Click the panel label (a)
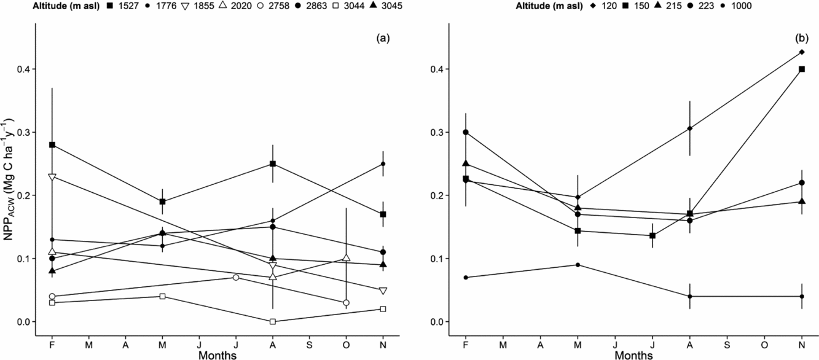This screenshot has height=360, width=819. pyautogui.click(x=383, y=38)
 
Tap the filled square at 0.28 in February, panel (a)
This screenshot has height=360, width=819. pyautogui.click(x=52, y=145)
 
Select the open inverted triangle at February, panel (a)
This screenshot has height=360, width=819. pyautogui.click(x=52, y=177)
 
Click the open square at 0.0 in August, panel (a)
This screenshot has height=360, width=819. pyautogui.click(x=273, y=321)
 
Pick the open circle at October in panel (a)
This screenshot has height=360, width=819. pyautogui.click(x=347, y=303)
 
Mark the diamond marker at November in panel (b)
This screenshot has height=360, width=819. pyautogui.click(x=802, y=52)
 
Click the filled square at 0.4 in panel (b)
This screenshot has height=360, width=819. pyautogui.click(x=802, y=69)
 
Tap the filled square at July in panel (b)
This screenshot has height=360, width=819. pyautogui.click(x=652, y=236)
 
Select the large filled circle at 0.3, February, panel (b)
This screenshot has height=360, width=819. pyautogui.click(x=466, y=132)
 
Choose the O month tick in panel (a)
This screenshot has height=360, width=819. pyautogui.click(x=346, y=345)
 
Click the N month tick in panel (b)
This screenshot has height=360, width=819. pyautogui.click(x=802, y=345)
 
